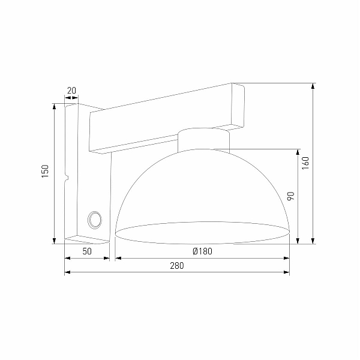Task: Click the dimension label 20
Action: point(71,91)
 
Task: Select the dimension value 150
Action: point(45,171)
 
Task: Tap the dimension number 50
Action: point(87,251)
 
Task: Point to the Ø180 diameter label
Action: point(203,251)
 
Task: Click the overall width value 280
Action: point(177,266)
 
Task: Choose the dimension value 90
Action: point(290,196)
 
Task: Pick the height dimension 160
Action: point(305,163)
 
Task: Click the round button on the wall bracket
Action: point(95,220)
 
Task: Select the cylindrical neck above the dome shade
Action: point(203,140)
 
